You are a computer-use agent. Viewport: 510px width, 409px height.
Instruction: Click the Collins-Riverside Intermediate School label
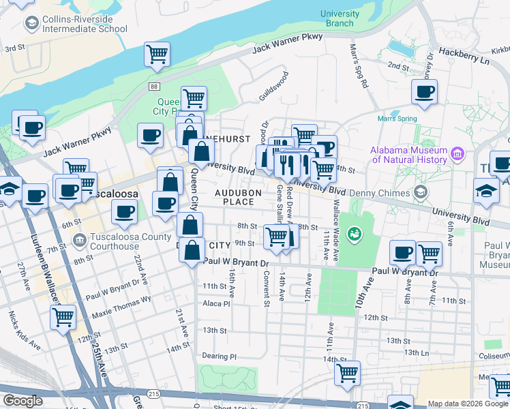[x=75, y=24]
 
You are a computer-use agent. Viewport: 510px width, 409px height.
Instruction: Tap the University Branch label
[x=340, y=18]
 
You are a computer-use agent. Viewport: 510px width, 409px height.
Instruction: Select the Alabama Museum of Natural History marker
[x=457, y=155]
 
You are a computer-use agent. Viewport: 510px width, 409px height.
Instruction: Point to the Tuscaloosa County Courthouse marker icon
[x=79, y=241]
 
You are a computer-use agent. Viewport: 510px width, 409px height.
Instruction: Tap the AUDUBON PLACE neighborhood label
[x=238, y=198]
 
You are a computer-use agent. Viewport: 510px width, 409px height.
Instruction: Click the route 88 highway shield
[x=155, y=86]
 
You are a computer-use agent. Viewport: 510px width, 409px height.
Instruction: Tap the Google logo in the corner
[x=22, y=401]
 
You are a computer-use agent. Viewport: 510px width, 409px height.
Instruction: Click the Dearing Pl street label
[x=219, y=357]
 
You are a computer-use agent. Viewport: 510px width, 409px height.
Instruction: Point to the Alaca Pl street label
[x=216, y=303]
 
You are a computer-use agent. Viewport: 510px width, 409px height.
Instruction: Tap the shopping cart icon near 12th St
[x=63, y=316]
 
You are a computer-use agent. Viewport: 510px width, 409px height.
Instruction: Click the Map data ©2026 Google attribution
[x=468, y=404]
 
